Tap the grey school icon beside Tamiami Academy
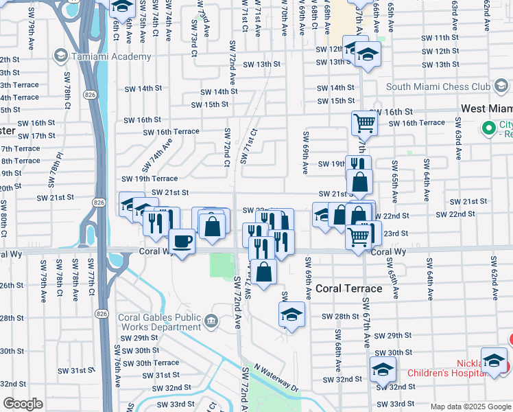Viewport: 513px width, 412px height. (60, 56)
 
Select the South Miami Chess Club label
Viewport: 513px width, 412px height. (438, 87)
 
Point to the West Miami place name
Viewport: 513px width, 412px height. (486, 108)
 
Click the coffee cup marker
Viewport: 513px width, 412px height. (182, 242)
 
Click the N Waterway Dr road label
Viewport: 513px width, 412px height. (276, 378)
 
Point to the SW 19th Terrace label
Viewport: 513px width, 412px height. (150, 179)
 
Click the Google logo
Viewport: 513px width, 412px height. (23, 404)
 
